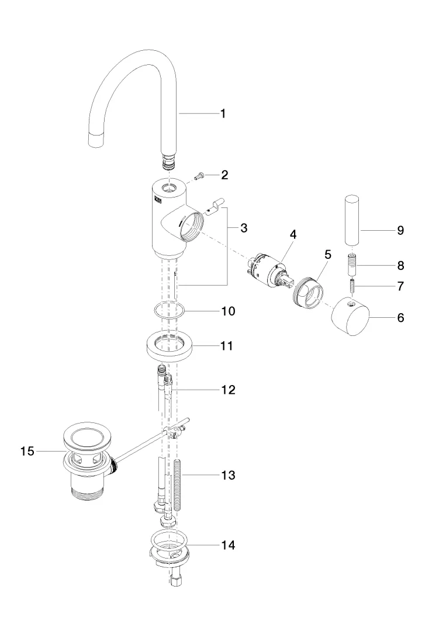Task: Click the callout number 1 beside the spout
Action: [x=223, y=114]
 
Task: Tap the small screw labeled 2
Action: [x=199, y=175]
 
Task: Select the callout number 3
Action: [x=244, y=228]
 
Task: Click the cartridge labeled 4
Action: [x=271, y=271]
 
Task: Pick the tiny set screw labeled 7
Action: [x=352, y=286]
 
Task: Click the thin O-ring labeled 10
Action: [x=170, y=311]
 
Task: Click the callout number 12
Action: [x=228, y=390]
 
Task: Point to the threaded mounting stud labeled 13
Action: [x=179, y=484]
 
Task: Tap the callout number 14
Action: [x=228, y=545]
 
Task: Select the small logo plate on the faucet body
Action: [x=157, y=200]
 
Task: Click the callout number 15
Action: [x=27, y=452]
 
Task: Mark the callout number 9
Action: [x=400, y=231]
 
